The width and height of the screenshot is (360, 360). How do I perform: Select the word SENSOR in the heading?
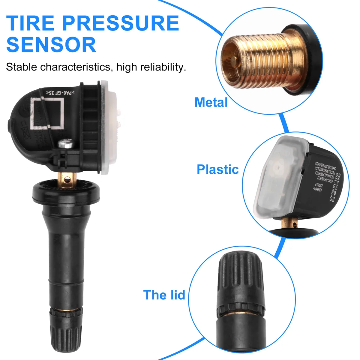(51, 45)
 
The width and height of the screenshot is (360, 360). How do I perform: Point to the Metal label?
(211, 102)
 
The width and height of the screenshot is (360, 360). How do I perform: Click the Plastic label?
(217, 169)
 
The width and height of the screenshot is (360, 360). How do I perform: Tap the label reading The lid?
(164, 295)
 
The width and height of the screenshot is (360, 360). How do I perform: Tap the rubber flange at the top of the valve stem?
(66, 192)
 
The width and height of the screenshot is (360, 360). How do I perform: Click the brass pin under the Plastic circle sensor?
(290, 223)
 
